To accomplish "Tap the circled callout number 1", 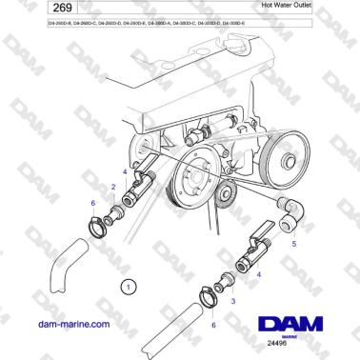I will pos(129,285).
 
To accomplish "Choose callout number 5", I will pos(292,244).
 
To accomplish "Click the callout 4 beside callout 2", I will pos(123,170).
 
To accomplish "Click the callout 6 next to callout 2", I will pos(91,202).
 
